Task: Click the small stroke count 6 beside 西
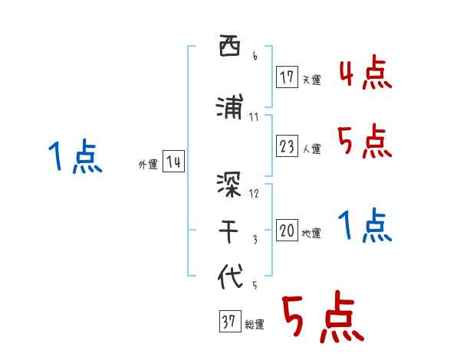tap(255, 56)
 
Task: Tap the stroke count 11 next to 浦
tap(255, 117)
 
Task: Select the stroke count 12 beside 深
tap(255, 192)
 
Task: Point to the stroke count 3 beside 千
tap(255, 240)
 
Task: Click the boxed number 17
tap(287, 77)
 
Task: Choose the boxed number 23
tap(287, 146)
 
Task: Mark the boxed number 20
tap(287, 231)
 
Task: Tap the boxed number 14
tap(173, 162)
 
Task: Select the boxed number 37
tap(228, 322)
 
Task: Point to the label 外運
tap(147, 164)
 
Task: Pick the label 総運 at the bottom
tap(255, 325)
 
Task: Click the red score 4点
tap(365, 75)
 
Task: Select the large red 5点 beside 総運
tap(322, 318)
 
